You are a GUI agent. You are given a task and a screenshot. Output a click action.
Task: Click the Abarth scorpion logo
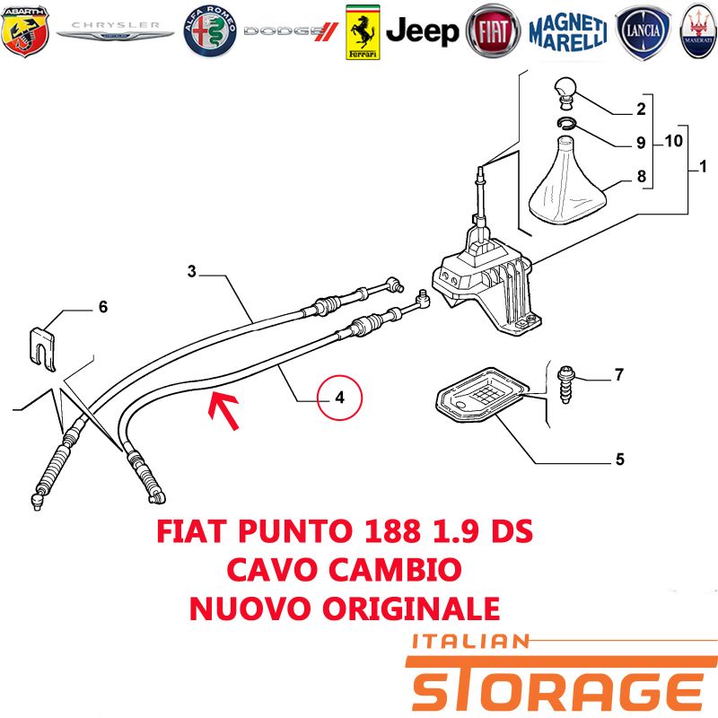point(25,31)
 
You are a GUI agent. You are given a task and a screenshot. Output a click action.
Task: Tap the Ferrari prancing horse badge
point(363,32)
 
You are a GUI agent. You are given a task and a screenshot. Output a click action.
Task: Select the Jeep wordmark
point(422,31)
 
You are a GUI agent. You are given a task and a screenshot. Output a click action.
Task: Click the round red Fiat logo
point(493,31)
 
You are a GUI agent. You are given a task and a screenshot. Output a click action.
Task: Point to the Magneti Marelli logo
point(568,31)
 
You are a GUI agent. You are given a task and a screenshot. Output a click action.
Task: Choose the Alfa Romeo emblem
point(210,31)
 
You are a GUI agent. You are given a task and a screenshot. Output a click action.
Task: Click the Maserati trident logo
point(699,31)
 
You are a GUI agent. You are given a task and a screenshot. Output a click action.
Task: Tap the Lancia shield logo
point(643,31)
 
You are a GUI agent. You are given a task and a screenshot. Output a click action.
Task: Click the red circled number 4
point(340,397)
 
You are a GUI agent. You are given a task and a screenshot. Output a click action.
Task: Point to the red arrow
point(223,410)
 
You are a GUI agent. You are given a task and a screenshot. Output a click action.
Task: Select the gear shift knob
point(566,92)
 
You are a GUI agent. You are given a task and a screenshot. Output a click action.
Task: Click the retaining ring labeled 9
point(567,123)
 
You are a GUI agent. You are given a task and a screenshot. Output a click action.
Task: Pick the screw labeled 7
point(565,385)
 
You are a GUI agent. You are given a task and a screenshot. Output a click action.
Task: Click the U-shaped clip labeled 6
point(42,348)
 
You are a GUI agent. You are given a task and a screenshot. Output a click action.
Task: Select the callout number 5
point(619,459)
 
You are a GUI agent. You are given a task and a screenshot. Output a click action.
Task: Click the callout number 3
point(192,271)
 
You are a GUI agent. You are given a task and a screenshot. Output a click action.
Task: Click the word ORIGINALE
point(411,609)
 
